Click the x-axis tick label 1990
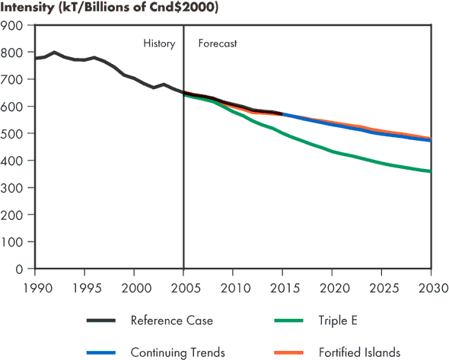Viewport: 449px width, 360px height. [x=35, y=288]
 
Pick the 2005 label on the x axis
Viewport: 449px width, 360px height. [x=183, y=288]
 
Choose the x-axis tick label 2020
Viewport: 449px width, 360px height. [x=333, y=288]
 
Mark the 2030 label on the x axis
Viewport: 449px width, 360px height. [x=431, y=288]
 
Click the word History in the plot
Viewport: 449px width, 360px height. [x=159, y=43]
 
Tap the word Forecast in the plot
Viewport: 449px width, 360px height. [x=218, y=43]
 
